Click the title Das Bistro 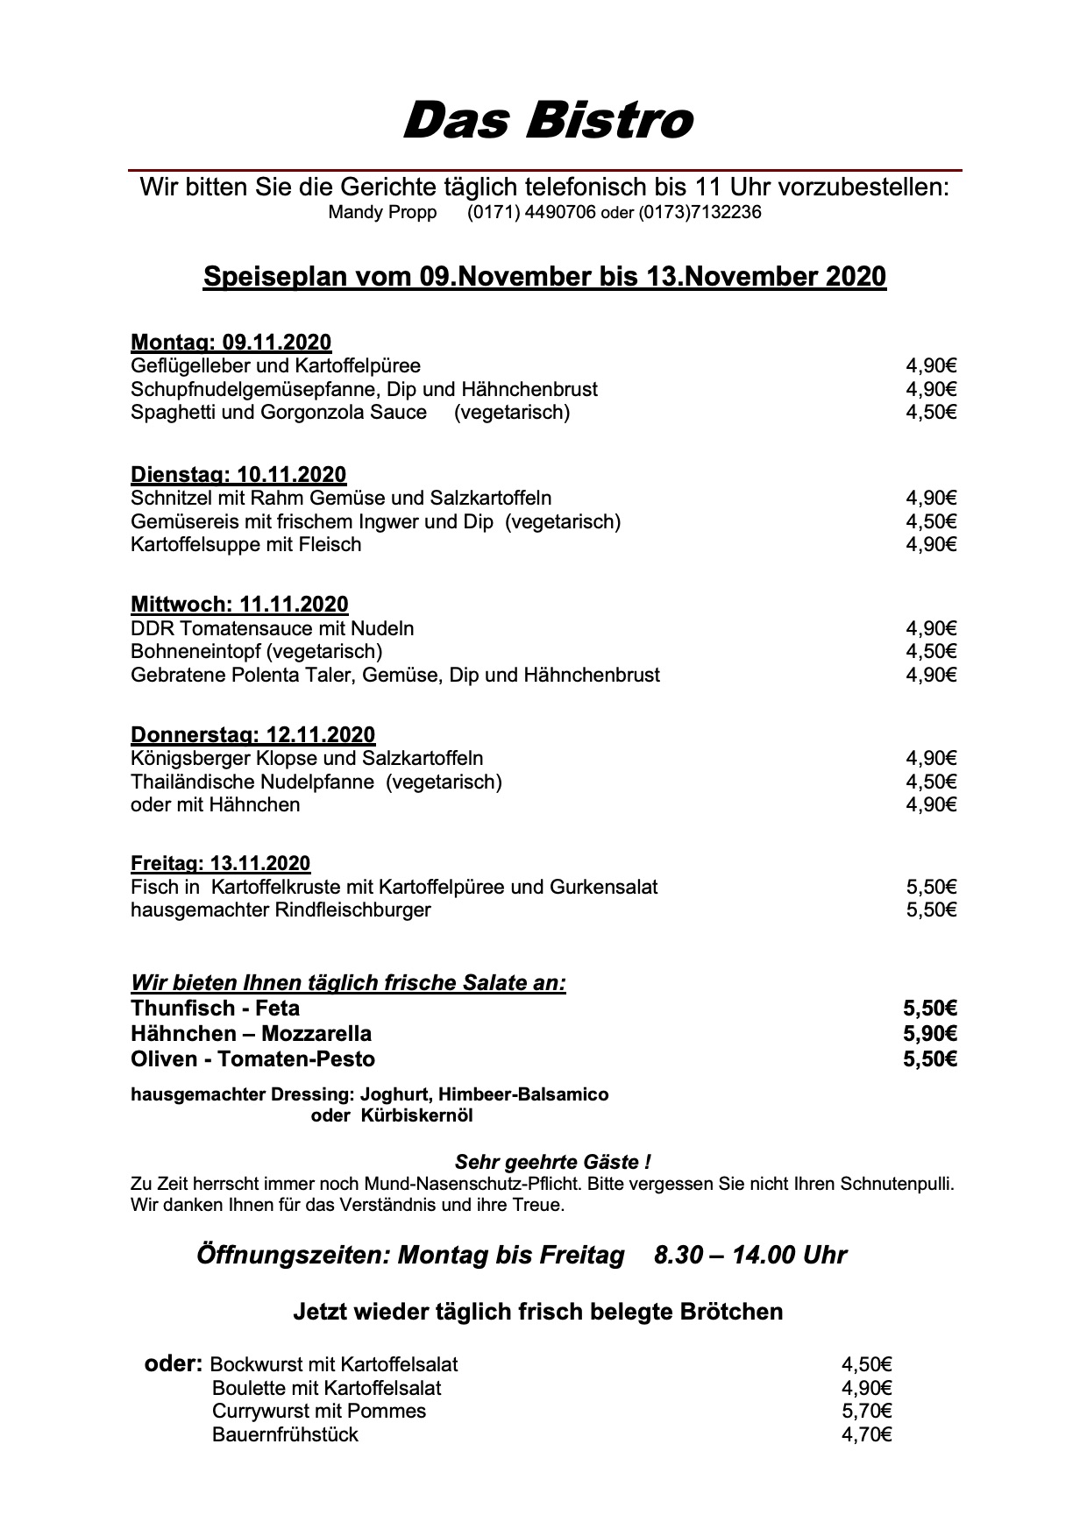tap(548, 120)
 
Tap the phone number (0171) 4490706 tap(531, 212)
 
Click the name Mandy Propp tap(382, 212)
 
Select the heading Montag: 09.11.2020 tap(231, 343)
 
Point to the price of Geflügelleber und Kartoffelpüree tap(931, 365)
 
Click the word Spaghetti tap(173, 412)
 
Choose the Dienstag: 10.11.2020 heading tap(238, 474)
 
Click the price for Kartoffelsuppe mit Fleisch tap(931, 544)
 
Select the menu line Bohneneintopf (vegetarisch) tap(256, 651)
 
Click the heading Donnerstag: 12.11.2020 tap(252, 734)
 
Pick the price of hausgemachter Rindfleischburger tap(931, 910)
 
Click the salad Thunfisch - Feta tap(215, 1008)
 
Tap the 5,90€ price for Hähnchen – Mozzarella tap(930, 1033)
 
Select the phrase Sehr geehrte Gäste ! tap(552, 1163)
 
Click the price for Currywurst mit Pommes tap(867, 1411)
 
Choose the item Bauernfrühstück tap(285, 1434)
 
